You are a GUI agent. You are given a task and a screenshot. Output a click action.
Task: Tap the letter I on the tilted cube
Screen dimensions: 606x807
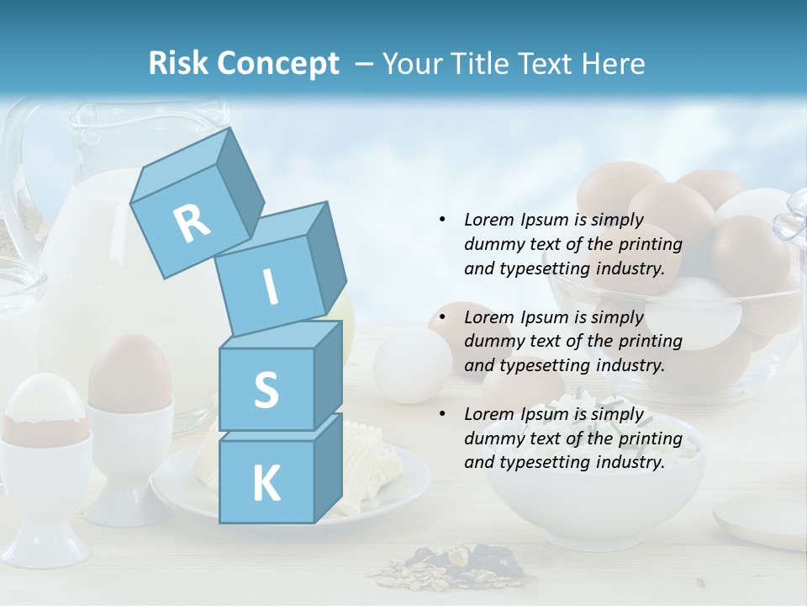pyautogui.click(x=270, y=287)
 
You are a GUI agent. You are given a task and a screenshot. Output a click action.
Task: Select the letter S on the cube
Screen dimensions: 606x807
pyautogui.click(x=266, y=391)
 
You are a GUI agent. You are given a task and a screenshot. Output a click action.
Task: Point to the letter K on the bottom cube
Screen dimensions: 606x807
pyautogui.click(x=266, y=484)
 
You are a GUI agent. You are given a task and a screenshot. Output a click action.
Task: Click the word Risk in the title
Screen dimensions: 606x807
pyautogui.click(x=179, y=64)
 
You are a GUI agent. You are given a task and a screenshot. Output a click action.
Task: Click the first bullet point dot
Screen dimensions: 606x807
pyautogui.click(x=442, y=220)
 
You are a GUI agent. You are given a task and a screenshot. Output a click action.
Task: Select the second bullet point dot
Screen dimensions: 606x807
pyautogui.click(x=442, y=317)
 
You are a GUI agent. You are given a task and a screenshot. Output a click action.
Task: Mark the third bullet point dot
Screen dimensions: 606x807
pyautogui.click(x=442, y=414)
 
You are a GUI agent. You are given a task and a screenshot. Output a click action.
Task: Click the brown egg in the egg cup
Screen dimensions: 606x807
pyautogui.click(x=129, y=371)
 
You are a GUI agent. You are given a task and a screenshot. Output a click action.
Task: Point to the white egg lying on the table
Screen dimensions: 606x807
pyautogui.click(x=412, y=364)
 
